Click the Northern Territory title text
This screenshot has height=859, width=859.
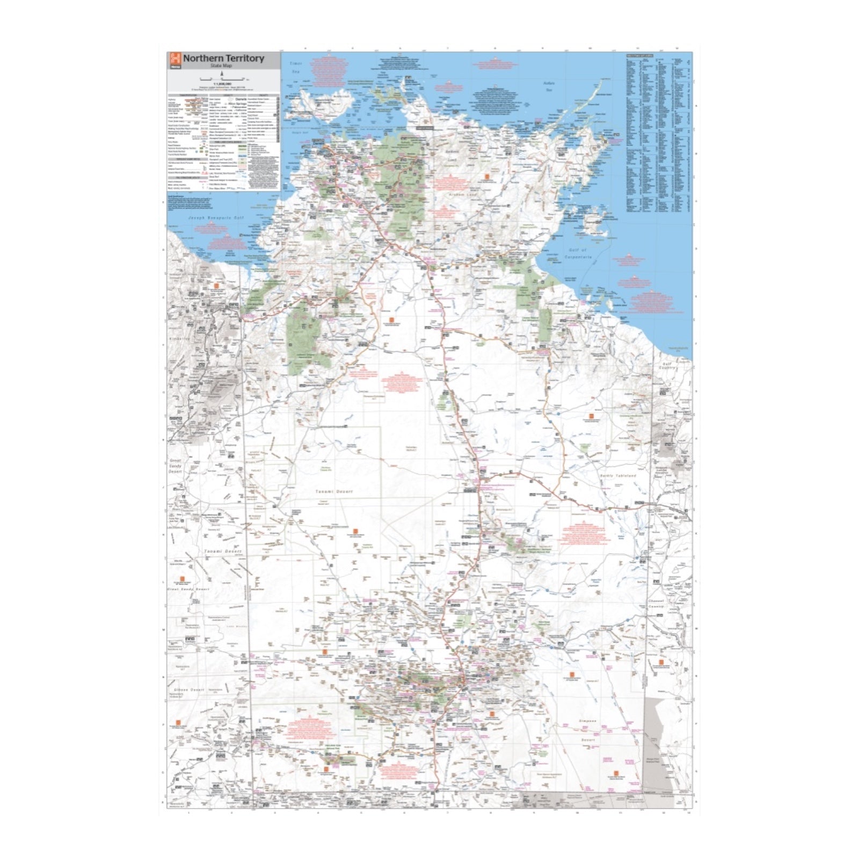pyautogui.click(x=223, y=58)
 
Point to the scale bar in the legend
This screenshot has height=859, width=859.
pyautogui.click(x=221, y=79)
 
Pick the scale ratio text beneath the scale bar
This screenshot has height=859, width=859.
pyautogui.click(x=221, y=84)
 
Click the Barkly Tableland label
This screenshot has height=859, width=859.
pyautogui.click(x=617, y=476)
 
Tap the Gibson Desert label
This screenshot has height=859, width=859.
pyautogui.click(x=189, y=689)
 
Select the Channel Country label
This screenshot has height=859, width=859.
pyautogui.click(x=656, y=603)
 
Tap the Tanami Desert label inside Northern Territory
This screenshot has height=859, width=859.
pyautogui.click(x=333, y=491)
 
